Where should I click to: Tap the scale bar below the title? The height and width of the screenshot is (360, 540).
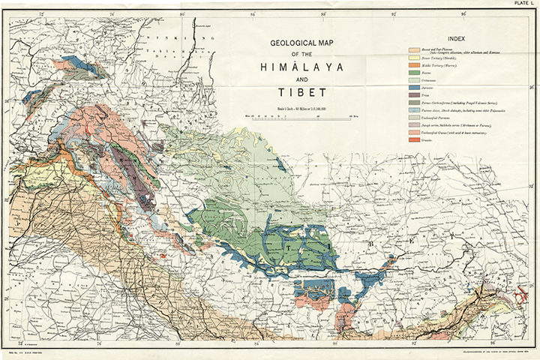(x=300, y=115)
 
